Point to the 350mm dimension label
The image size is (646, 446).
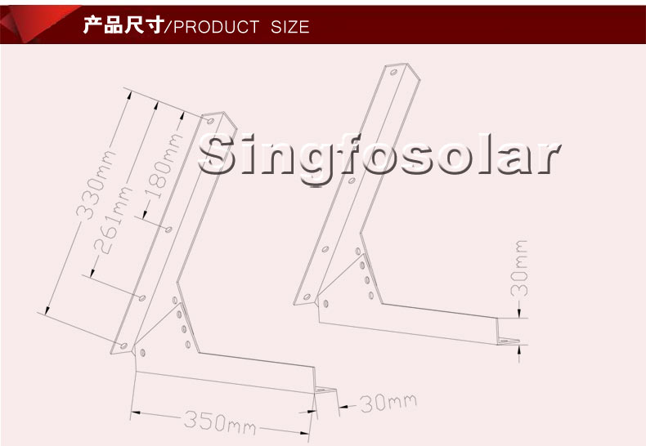point(218,422)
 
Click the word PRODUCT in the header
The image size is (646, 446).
point(217,27)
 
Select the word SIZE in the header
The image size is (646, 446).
point(290,27)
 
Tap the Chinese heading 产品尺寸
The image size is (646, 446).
point(123,26)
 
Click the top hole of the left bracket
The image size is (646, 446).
point(212,121)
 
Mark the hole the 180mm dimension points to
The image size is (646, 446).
point(169,230)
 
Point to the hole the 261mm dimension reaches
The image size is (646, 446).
point(143,296)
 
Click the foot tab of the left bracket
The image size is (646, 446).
point(327,391)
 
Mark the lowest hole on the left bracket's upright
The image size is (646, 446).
point(124,347)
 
